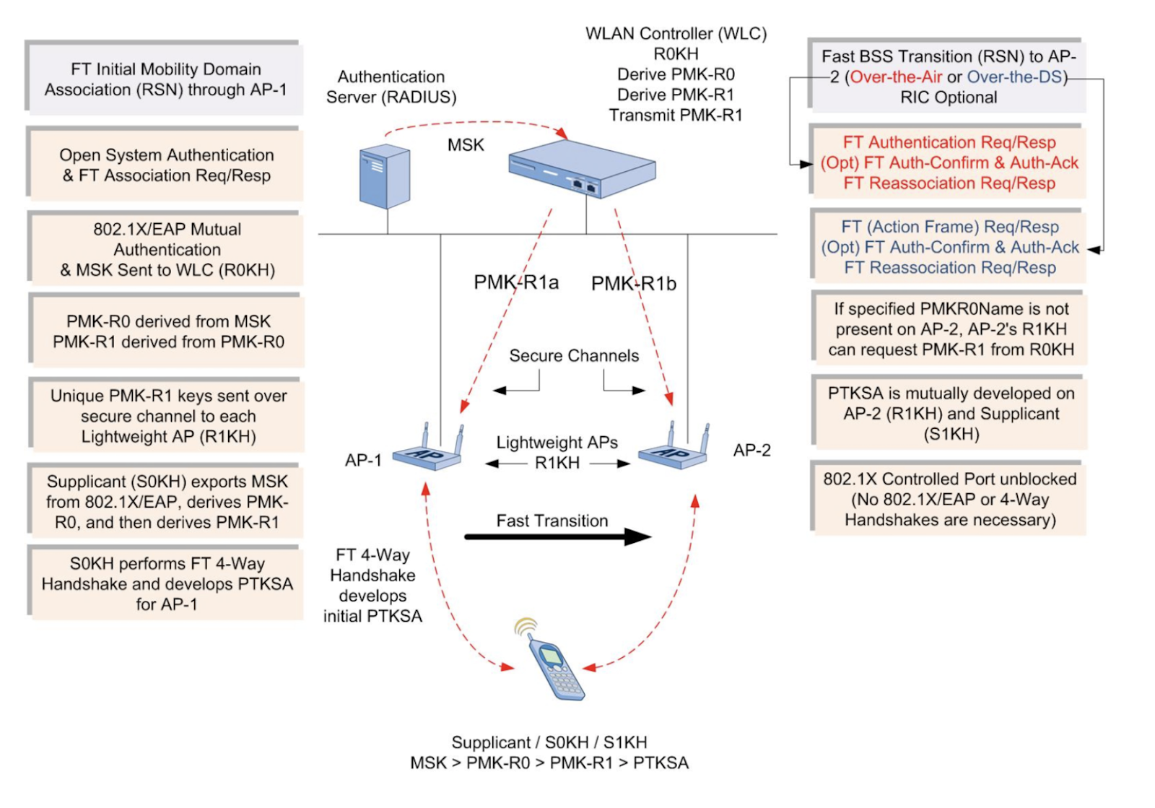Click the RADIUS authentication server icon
click(385, 176)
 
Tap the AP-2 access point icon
click(674, 449)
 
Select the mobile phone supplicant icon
click(554, 666)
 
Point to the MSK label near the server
click(466, 145)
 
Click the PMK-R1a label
click(515, 282)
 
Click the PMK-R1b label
click(633, 284)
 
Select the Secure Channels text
click(574, 356)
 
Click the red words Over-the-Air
click(896, 77)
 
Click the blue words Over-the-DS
click(1014, 77)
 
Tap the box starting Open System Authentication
click(166, 165)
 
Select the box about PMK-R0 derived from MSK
click(167, 331)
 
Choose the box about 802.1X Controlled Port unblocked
click(949, 499)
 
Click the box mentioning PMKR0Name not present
click(950, 329)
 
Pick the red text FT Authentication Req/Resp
click(949, 142)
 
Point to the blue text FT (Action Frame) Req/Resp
click(949, 227)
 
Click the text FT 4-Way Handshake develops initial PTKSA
click(372, 586)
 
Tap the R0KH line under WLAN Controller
click(676, 54)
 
